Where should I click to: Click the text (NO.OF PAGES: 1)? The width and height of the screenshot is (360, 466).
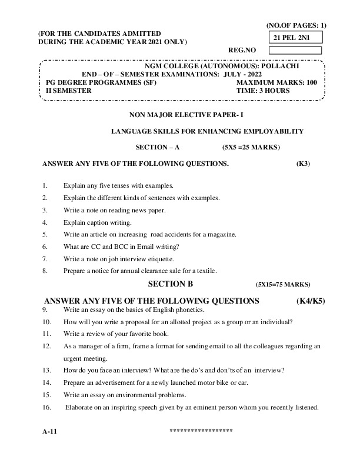(x=296, y=25)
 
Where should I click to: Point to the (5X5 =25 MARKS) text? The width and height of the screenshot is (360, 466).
(x=251, y=147)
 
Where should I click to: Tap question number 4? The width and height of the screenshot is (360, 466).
(x=45, y=222)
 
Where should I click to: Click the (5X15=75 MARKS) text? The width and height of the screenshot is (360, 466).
(x=283, y=284)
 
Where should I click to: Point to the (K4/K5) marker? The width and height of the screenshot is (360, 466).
(x=311, y=301)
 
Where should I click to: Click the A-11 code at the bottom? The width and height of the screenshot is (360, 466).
(x=49, y=431)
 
